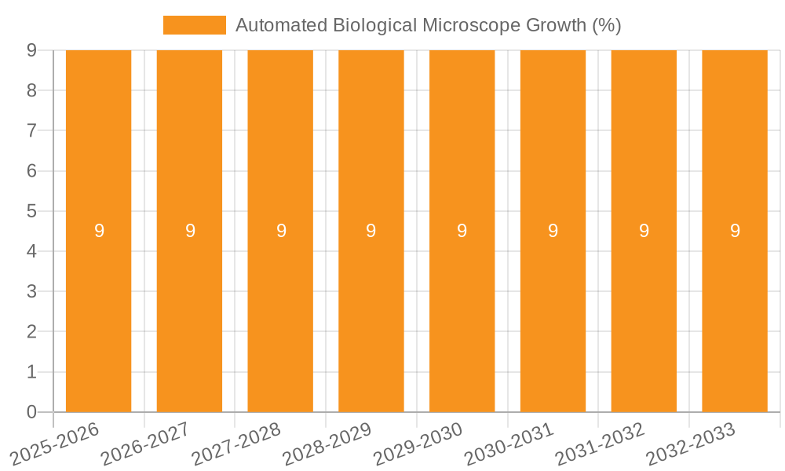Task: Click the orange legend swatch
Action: pos(194,25)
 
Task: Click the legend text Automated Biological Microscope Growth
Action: pos(428,25)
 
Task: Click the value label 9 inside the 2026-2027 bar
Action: pos(190,231)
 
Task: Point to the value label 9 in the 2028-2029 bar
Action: pos(371,231)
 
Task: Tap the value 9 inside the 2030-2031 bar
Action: pos(553,231)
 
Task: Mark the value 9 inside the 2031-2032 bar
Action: pos(644,231)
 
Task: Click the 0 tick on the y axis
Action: pos(31,412)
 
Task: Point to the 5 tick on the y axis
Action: pos(31,211)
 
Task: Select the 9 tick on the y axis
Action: pos(31,50)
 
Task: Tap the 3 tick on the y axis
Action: pos(31,292)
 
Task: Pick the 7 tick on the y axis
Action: pos(31,130)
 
